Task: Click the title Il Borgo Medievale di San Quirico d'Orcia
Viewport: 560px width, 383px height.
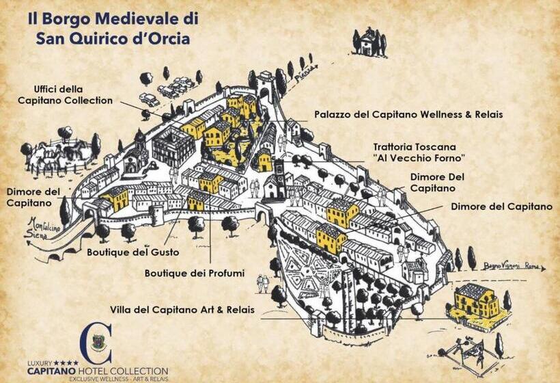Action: tap(109, 27)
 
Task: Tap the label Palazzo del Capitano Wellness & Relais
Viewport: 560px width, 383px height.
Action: tap(408, 115)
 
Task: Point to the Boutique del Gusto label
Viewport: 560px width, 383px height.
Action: tap(127, 252)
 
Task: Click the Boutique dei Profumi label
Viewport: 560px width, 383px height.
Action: tap(195, 274)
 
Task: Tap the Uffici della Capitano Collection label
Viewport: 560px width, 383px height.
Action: tap(73, 94)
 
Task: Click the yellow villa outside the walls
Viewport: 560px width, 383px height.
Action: tap(477, 302)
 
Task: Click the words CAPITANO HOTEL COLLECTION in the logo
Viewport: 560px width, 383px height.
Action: tap(97, 370)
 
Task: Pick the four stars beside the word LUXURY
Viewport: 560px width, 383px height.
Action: tap(67, 362)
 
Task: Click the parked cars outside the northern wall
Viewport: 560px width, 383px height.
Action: tap(174, 87)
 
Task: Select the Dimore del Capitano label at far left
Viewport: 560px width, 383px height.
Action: tap(33, 197)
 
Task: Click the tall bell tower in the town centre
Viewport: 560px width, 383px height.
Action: tap(279, 174)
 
